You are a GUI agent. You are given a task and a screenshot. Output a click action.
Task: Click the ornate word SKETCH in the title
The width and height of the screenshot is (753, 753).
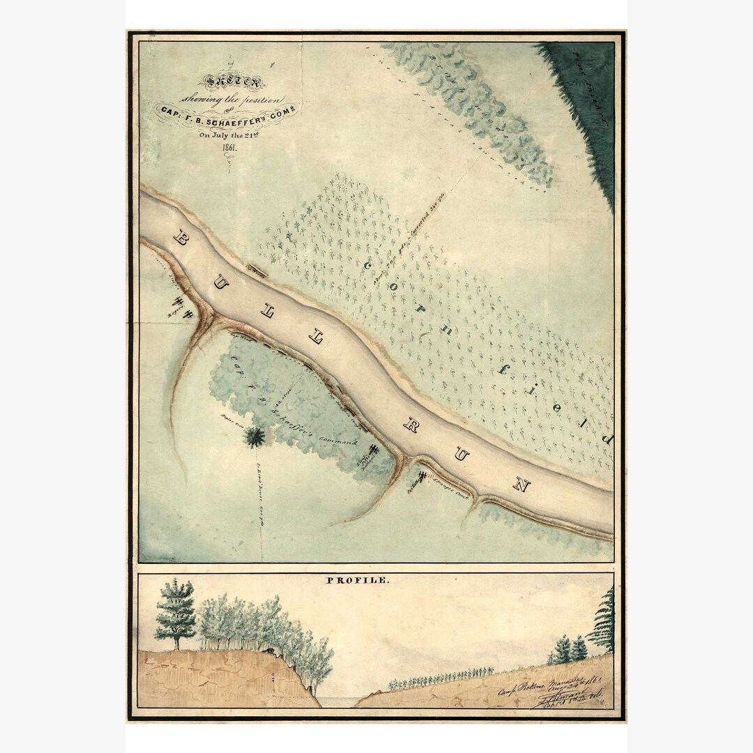pyautogui.click(x=241, y=82)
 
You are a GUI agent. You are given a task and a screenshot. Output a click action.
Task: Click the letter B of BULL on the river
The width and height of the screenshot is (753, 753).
pyautogui.click(x=179, y=239)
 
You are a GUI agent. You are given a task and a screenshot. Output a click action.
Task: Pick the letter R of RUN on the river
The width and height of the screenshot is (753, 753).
pyautogui.click(x=411, y=425)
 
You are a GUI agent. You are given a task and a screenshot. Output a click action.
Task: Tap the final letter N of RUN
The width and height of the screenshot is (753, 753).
pyautogui.click(x=521, y=485)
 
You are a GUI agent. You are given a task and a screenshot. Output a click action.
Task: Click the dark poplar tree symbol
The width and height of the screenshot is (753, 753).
pyautogui.click(x=254, y=437)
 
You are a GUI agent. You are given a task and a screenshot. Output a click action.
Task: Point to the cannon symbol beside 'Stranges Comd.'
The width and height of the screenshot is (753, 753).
pyautogui.click(x=422, y=478)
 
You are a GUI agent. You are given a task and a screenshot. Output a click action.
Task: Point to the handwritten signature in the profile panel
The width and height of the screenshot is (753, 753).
pyautogui.click(x=558, y=697)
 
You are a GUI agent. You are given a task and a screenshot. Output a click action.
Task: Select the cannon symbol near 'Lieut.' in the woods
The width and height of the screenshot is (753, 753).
pyautogui.click(x=373, y=451)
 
